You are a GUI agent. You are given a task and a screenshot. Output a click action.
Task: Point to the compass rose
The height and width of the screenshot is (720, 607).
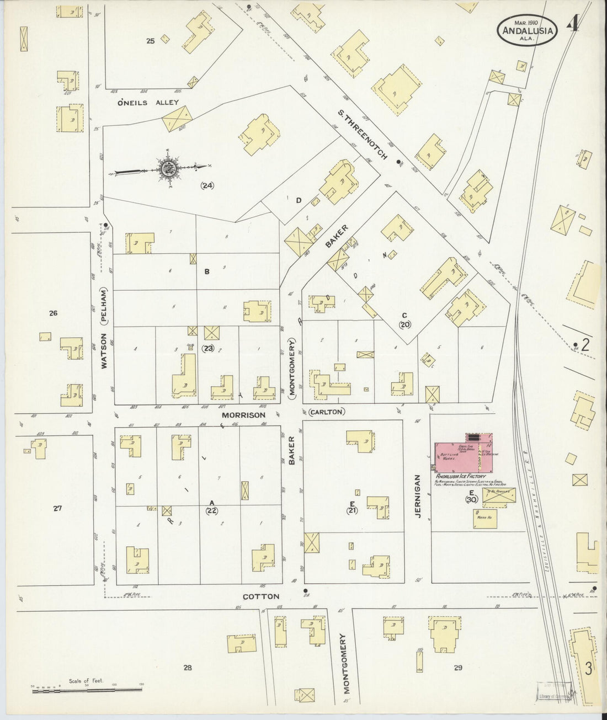[167, 168]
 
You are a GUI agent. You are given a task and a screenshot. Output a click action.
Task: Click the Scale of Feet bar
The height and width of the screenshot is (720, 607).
[86, 688]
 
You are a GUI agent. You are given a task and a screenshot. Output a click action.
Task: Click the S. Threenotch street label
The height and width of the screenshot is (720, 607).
[364, 135]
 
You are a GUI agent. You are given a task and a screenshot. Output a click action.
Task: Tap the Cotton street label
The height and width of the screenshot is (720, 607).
[262, 596]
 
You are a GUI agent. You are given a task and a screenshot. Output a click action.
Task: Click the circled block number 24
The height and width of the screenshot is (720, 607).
[207, 185]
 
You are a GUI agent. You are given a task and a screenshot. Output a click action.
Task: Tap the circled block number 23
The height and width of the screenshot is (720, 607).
[208, 348]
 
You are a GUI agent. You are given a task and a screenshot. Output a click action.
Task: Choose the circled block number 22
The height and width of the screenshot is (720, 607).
[211, 511]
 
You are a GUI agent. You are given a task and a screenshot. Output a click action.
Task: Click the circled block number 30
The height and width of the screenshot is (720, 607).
[471, 500]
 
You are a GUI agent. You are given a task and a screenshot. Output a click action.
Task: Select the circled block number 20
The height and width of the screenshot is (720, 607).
[405, 324]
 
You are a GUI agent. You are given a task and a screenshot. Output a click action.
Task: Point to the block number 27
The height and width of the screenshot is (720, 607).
[57, 509]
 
